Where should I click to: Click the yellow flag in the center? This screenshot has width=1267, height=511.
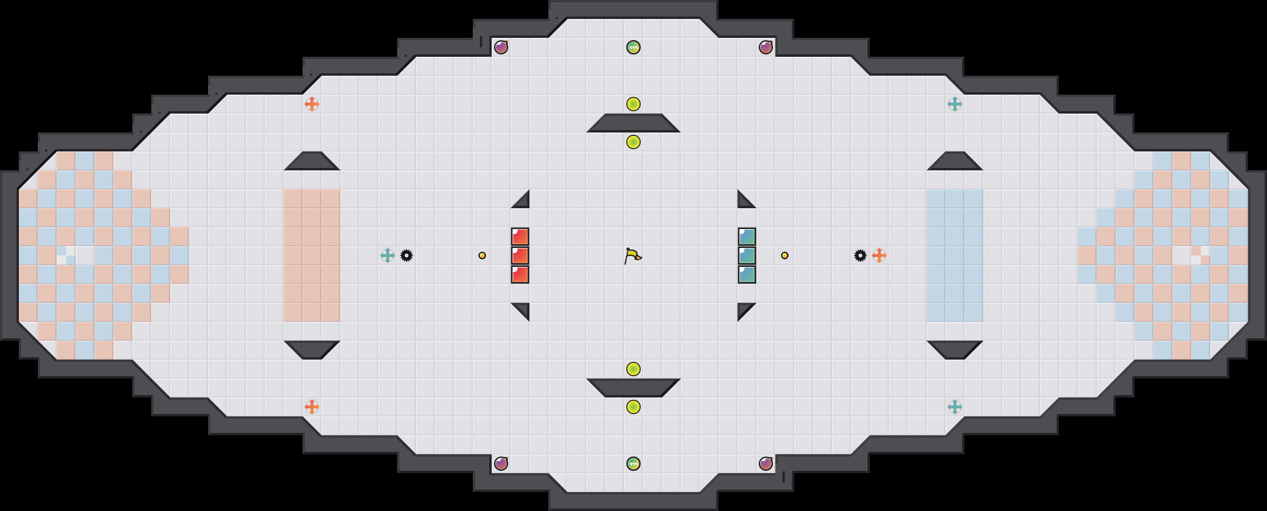[633, 256]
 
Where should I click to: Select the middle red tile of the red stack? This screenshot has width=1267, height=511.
[520, 255]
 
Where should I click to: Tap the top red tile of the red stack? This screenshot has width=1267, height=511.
[520, 237]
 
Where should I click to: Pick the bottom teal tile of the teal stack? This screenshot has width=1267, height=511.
[746, 274]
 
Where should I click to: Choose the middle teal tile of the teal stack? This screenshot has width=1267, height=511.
[746, 255]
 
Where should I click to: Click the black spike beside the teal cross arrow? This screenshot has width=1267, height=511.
[406, 255]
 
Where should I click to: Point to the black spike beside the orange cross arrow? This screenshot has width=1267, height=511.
[860, 255]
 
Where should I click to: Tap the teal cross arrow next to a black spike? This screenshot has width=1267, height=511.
[388, 255]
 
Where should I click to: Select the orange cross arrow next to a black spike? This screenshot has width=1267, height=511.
[879, 255]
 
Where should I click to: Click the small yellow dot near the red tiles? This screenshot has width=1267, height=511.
[482, 255]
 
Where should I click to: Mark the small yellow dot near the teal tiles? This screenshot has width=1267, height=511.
[784, 255]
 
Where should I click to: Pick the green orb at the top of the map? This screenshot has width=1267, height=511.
[633, 47]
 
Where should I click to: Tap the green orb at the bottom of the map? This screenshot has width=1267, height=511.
[633, 463]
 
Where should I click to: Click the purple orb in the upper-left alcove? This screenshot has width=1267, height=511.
[501, 47]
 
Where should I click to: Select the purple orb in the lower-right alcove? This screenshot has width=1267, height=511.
[765, 463]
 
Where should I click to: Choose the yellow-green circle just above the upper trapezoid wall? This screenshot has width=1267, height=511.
[633, 104]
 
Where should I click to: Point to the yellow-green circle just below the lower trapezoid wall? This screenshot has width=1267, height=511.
[633, 406]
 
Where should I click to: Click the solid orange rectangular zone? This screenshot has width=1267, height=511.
[312, 255]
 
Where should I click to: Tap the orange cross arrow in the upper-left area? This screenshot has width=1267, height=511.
[312, 104]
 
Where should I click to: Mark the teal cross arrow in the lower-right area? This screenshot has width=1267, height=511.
[955, 406]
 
